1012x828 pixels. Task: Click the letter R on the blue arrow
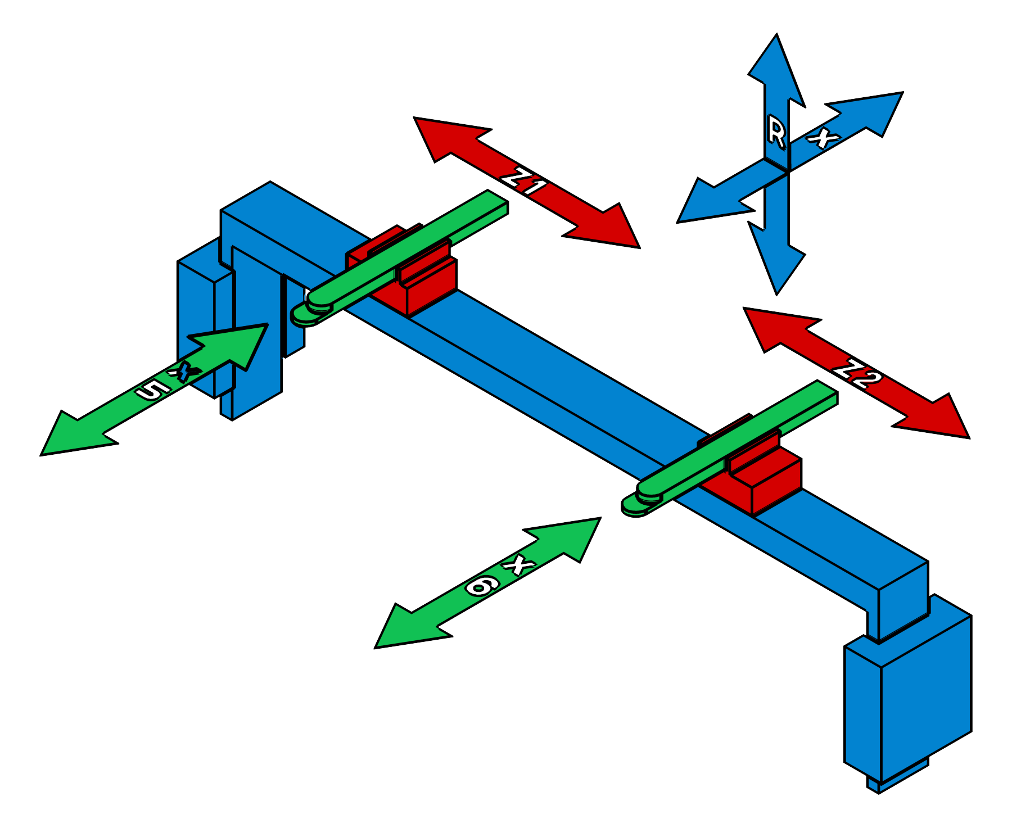tap(776, 134)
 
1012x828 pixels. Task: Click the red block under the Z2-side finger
tap(770, 483)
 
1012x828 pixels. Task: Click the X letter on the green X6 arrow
tap(521, 564)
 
